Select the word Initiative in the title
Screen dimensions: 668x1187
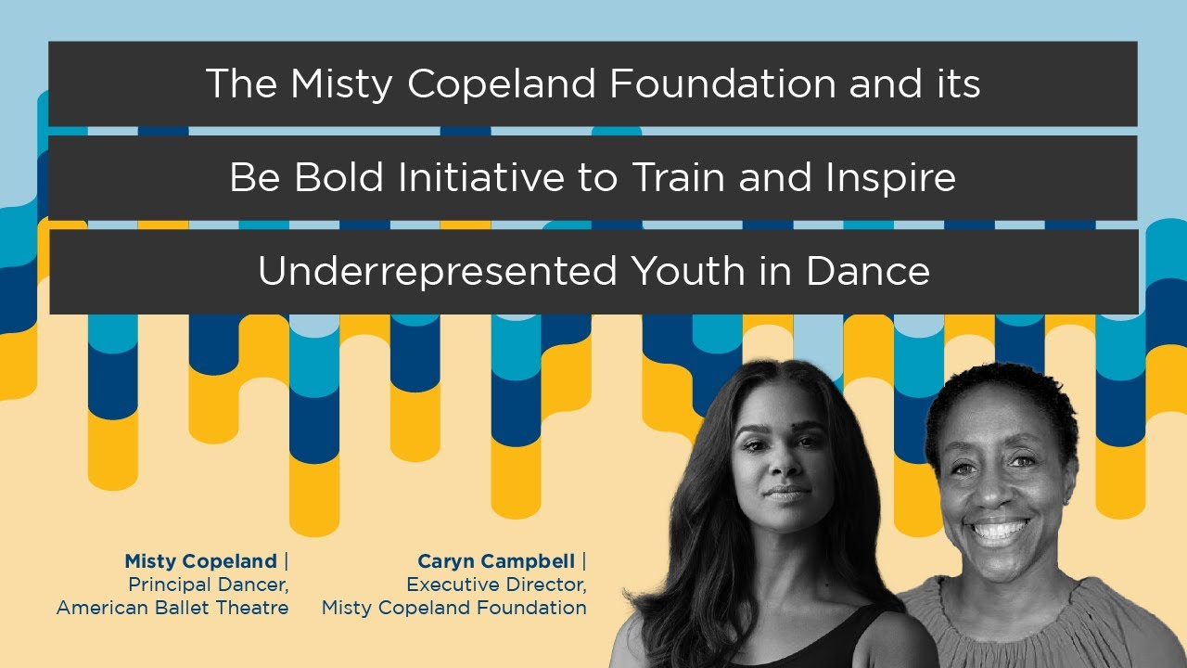coord(477,177)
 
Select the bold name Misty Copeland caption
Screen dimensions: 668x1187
coord(201,561)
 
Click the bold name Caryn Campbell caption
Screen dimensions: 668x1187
coord(497,561)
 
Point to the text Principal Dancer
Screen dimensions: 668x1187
coord(208,584)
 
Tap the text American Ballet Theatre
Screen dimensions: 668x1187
coord(172,608)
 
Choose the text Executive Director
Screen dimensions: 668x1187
coord(496,584)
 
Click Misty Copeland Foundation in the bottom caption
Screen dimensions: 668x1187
coord(454,608)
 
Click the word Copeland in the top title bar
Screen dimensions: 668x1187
coord(501,84)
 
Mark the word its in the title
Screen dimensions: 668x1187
coord(957,84)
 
